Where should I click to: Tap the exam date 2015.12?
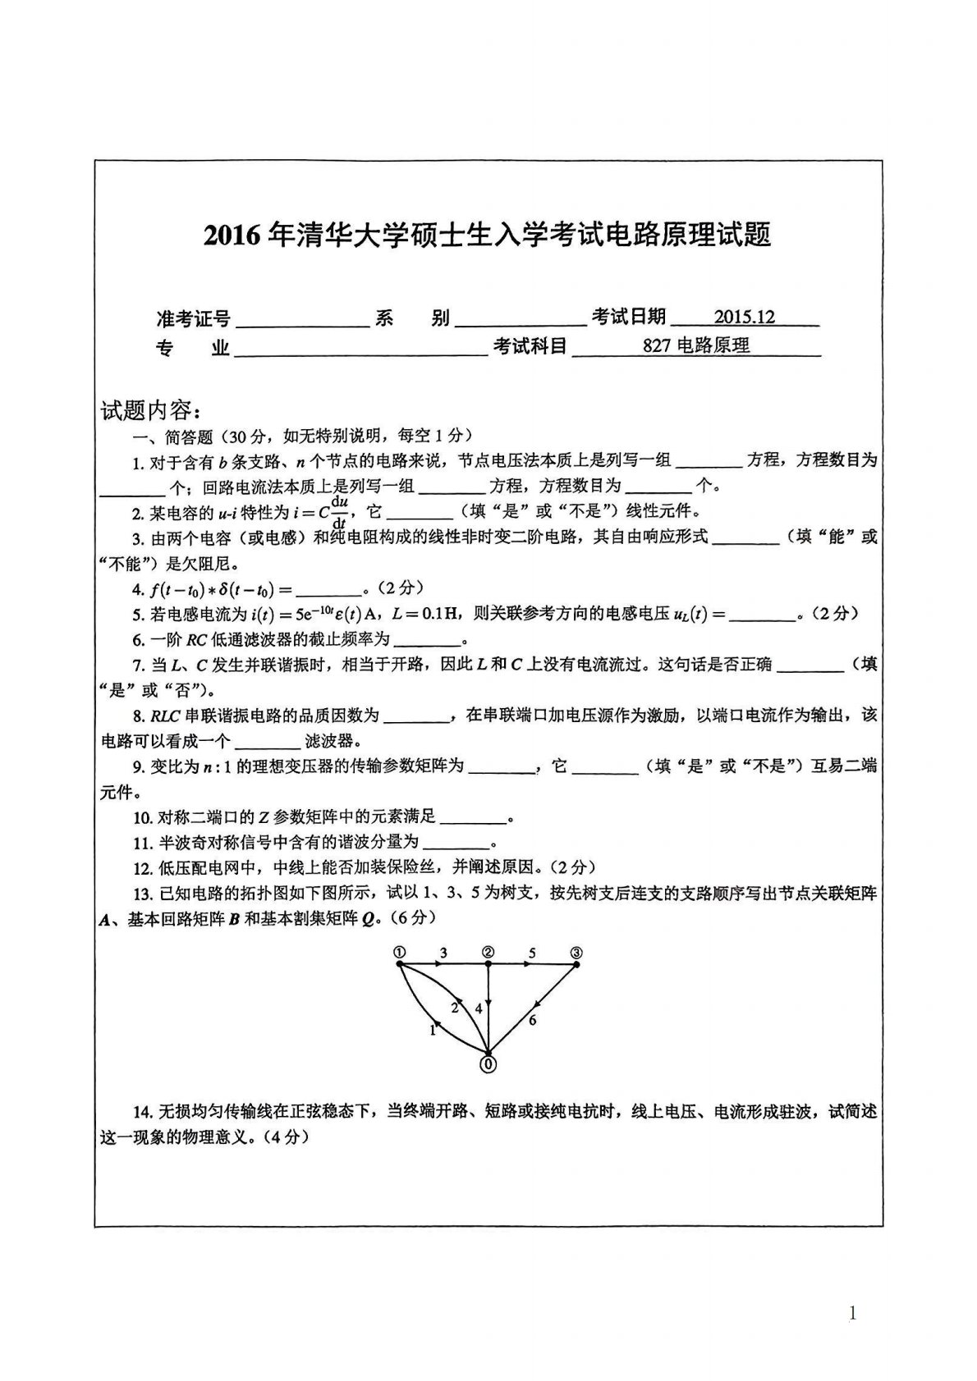(x=744, y=318)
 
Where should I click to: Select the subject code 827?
(x=657, y=346)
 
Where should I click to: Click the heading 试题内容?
(x=146, y=409)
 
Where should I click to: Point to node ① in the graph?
(x=399, y=952)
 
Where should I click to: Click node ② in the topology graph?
(x=488, y=952)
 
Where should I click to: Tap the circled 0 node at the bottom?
(x=488, y=1064)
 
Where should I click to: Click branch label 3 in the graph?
(x=443, y=953)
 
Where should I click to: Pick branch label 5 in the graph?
(x=532, y=953)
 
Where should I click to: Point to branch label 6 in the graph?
(x=533, y=1020)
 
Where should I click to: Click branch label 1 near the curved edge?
(x=433, y=1031)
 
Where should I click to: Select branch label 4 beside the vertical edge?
(x=479, y=1008)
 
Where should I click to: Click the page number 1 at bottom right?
(x=852, y=1291)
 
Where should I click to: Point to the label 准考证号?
(x=193, y=318)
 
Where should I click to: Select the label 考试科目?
(x=530, y=347)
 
